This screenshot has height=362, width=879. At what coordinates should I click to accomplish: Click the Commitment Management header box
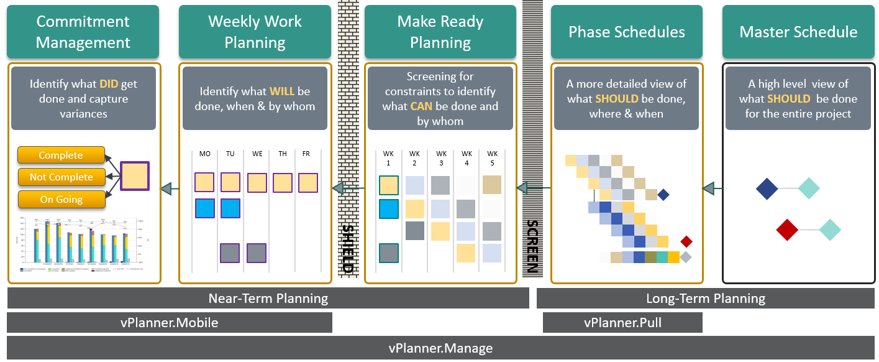(x=83, y=32)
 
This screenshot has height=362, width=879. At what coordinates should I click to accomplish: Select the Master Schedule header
(x=798, y=32)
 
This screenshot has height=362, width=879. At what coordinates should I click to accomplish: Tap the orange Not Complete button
(x=61, y=177)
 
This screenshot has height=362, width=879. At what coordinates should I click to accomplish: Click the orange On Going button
(x=61, y=200)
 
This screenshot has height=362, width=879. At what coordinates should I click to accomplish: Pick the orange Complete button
(x=61, y=155)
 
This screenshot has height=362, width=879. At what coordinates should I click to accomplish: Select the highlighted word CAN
(x=421, y=106)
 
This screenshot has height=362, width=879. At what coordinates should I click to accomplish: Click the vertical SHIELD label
(x=348, y=248)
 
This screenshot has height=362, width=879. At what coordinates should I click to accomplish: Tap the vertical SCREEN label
(x=532, y=246)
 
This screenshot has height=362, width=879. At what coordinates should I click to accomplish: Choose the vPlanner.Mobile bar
(x=169, y=322)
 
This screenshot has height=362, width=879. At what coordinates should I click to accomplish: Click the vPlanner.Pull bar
(x=622, y=322)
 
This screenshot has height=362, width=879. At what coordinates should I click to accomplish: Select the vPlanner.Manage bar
(x=440, y=348)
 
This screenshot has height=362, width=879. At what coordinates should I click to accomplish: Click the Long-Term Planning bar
(x=705, y=299)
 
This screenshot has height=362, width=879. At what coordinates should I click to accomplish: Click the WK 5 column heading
(x=492, y=158)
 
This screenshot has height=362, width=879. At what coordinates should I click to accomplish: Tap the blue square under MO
(x=204, y=208)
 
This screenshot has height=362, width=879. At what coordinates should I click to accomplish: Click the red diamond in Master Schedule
(x=787, y=230)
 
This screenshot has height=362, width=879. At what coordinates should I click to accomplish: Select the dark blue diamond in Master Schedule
(x=767, y=188)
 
